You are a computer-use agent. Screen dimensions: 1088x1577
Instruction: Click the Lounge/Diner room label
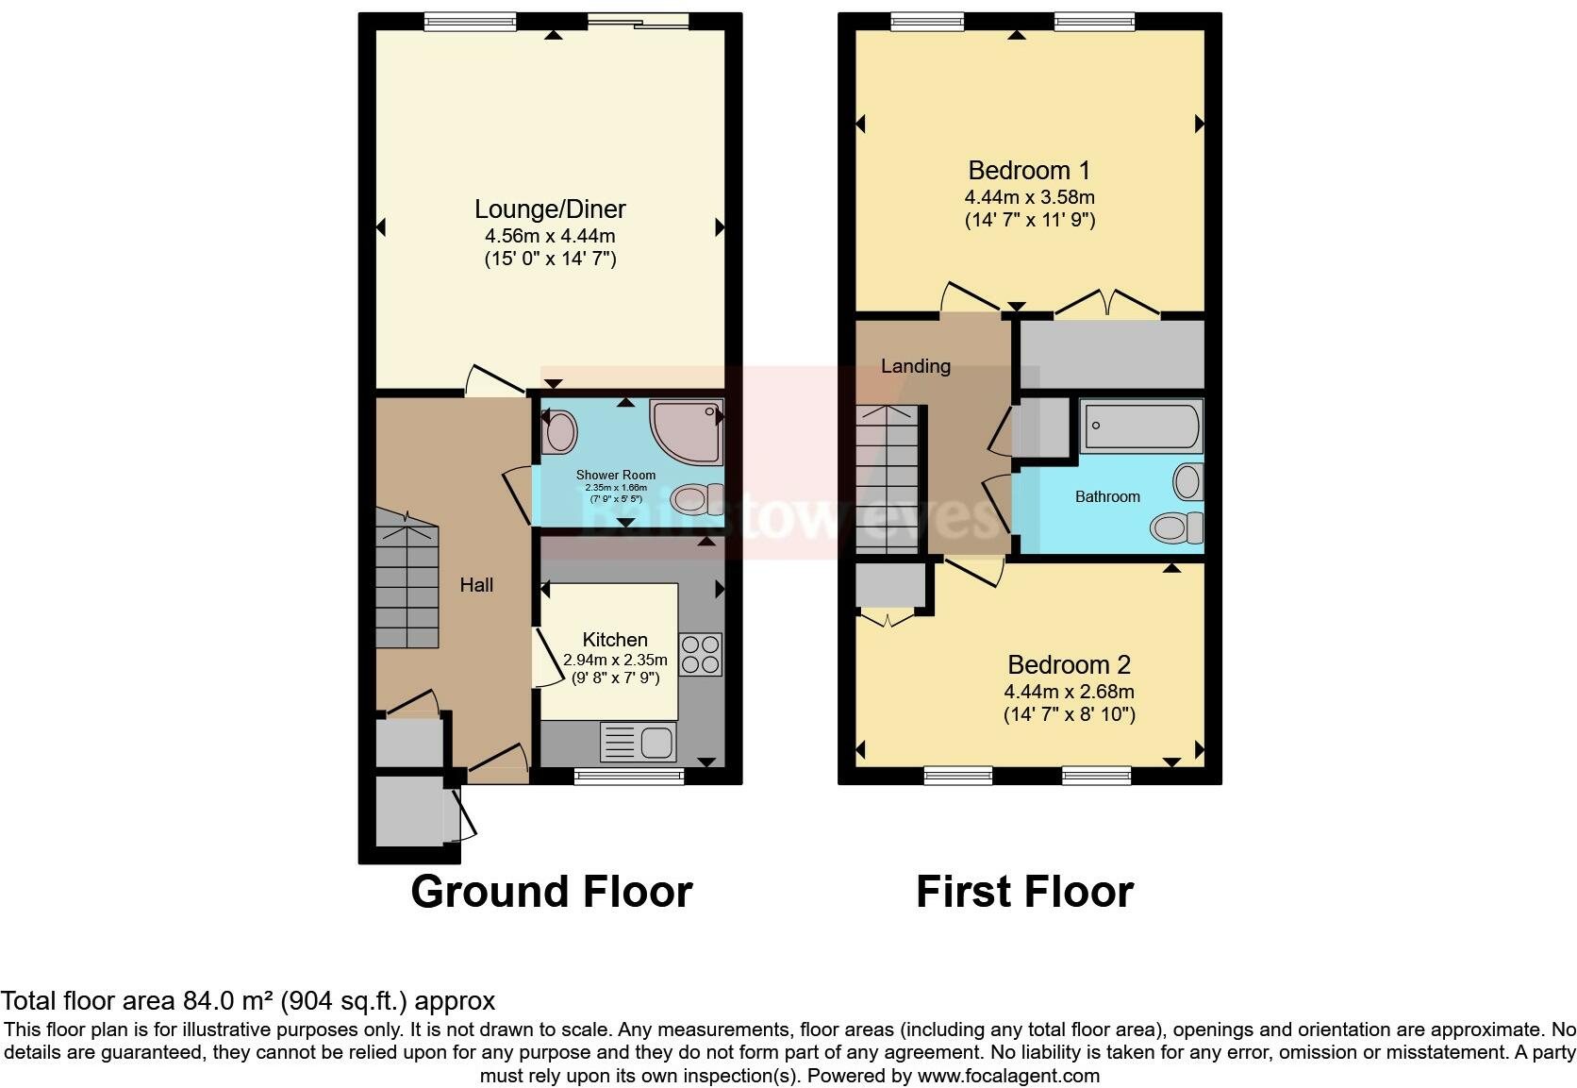[x=550, y=209]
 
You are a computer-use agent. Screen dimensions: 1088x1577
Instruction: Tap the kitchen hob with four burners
[x=700, y=653]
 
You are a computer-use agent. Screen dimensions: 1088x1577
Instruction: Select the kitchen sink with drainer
[x=639, y=742]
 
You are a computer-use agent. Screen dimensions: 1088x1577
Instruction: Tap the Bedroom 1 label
[x=1029, y=171]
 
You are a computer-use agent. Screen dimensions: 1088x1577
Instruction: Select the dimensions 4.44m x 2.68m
[x=1069, y=692]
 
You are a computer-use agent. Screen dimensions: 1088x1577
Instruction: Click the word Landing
[x=915, y=366]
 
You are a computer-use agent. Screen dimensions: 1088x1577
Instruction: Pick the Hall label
[x=476, y=585]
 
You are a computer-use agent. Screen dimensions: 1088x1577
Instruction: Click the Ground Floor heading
[x=552, y=892]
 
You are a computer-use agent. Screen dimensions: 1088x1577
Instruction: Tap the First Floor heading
[x=1024, y=892]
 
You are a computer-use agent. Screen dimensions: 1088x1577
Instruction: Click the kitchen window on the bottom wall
[x=629, y=776]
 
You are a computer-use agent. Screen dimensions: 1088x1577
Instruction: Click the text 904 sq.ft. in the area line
[x=344, y=1001]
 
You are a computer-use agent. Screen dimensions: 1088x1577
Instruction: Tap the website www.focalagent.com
[x=1008, y=1076]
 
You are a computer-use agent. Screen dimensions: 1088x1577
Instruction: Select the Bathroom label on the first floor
[x=1107, y=496]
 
